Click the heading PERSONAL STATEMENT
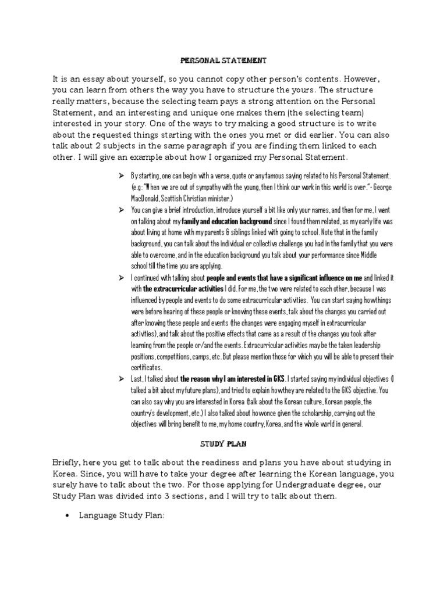(223, 60)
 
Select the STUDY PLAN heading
(223, 445)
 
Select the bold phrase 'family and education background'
(226, 222)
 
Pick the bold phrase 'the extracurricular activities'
(183, 289)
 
